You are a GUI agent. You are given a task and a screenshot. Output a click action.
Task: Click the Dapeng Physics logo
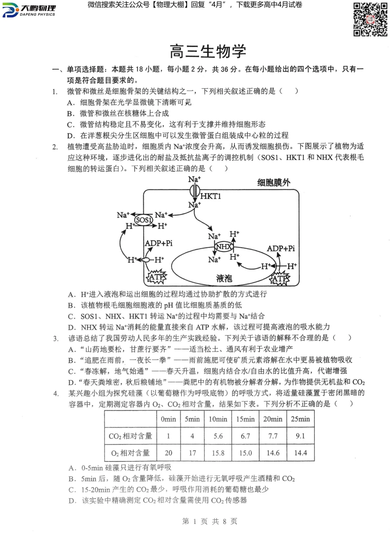coord(29,10)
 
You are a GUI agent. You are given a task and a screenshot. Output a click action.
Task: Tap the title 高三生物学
coord(208,52)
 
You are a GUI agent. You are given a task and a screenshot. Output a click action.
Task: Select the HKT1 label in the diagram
coord(211,196)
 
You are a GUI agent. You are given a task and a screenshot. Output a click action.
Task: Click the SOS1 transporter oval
coord(143,220)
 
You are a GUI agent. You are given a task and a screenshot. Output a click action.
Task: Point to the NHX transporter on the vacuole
coord(224,247)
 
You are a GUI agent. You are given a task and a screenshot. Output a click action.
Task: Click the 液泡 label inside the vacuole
coord(224,278)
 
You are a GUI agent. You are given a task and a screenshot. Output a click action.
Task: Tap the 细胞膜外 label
coord(273,183)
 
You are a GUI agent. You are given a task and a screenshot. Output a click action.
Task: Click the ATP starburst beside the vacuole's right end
coord(280,278)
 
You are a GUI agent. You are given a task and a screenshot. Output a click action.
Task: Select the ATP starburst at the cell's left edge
coord(156,277)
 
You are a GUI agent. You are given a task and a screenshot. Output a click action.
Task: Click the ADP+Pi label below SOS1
coord(159,243)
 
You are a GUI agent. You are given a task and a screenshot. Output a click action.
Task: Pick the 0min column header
coord(168,419)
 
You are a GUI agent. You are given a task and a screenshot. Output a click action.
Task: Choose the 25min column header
coord(300,419)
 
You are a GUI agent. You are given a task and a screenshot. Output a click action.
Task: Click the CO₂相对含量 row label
coord(130,436)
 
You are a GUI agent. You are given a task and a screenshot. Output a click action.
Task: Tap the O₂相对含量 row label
coord(130,453)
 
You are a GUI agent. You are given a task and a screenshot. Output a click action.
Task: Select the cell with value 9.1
coord(300,436)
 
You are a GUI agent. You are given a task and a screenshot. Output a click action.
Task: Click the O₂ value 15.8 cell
coord(218,453)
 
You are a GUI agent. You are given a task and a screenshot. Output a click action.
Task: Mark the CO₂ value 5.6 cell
coord(218,436)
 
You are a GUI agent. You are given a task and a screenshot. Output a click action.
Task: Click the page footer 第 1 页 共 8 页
coord(209,521)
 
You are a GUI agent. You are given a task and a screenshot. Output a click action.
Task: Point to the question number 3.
coord(56,338)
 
